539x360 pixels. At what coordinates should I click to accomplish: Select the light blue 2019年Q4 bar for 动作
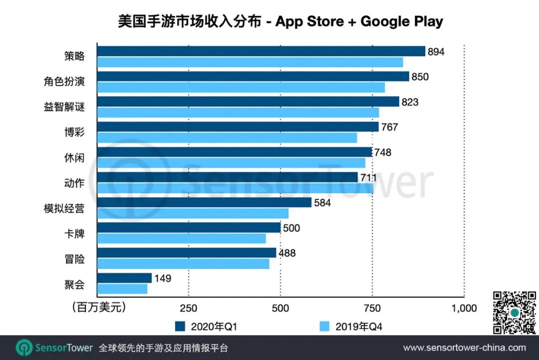tap(235, 188)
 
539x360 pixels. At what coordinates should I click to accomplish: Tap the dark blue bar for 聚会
tap(124, 278)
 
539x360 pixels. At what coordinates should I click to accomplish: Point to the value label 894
tap(436, 52)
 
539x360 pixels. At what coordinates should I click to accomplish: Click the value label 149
tap(163, 278)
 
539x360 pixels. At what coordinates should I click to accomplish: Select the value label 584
tap(322, 203)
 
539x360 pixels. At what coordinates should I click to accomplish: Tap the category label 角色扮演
tap(64, 82)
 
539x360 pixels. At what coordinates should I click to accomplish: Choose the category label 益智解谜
tap(64, 107)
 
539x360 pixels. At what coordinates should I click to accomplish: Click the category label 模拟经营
tap(64, 209)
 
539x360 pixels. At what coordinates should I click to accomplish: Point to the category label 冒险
tap(74, 259)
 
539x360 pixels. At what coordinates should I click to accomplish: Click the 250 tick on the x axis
tap(188, 308)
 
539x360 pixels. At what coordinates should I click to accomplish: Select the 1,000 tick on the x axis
tap(464, 308)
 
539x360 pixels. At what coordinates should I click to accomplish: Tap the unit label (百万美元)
tap(98, 307)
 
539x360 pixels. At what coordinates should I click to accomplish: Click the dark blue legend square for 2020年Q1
tap(180, 327)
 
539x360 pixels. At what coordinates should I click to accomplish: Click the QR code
tap(515, 313)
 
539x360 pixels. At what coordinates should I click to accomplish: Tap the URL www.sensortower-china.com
tap(464, 348)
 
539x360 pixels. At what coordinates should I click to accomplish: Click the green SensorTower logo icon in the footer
tap(24, 348)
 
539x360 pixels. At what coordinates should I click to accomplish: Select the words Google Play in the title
tap(402, 22)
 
